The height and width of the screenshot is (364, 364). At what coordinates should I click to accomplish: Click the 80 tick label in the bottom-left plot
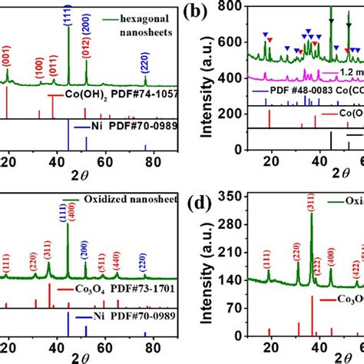pyautogui.click(x=151, y=356)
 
